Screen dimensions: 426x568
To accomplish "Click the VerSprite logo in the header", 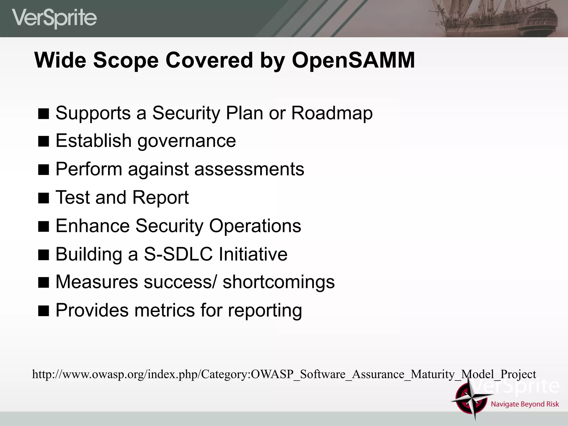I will point(54,18).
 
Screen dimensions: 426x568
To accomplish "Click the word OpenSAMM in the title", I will point(353,60).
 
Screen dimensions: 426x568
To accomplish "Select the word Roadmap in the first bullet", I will point(332,113).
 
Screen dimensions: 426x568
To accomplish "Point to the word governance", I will point(187,141).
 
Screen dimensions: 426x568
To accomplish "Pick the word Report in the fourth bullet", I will point(160,197).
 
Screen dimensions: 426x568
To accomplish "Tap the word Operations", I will point(255,226).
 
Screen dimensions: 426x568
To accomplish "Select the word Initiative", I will point(253,254).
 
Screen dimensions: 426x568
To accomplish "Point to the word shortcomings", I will point(278,282).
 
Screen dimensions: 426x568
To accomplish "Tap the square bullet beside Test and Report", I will point(44,198).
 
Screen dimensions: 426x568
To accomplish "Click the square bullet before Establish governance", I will point(44,141).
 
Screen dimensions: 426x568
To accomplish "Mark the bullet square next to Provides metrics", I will point(44,311).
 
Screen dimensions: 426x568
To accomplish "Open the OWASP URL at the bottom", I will point(284,374).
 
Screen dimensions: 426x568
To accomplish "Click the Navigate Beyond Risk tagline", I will point(525,404).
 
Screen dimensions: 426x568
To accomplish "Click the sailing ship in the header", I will point(494,18).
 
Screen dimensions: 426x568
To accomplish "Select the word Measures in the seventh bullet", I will point(97,282).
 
